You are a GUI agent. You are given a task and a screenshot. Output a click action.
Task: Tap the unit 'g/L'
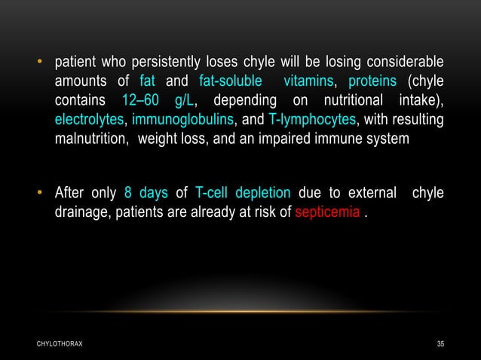pyautogui.click(x=184, y=100)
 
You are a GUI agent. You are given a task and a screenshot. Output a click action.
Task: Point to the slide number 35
pyautogui.click(x=440, y=344)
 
